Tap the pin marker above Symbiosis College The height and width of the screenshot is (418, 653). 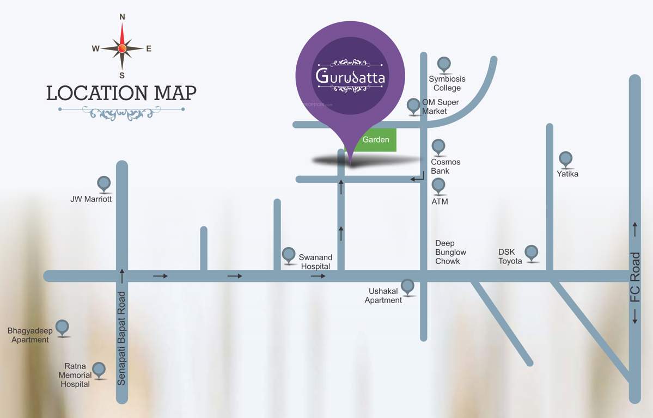444,65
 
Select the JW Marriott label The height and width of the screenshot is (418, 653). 91,199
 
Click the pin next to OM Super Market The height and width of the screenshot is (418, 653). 414,106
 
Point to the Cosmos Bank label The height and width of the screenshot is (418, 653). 445,167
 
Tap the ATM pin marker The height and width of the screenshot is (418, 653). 438,186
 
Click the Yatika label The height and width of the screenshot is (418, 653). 567,174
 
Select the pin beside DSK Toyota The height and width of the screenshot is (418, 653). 532,253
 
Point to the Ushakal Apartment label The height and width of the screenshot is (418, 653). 383,296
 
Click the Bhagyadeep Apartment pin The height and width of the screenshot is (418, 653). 63,327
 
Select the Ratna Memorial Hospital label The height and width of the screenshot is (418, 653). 75,375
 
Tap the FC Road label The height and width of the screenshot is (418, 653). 635,285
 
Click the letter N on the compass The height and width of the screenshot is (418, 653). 122,17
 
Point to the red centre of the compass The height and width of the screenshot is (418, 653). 122,48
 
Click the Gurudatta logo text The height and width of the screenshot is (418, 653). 351,76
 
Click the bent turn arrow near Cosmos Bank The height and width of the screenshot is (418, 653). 417,178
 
